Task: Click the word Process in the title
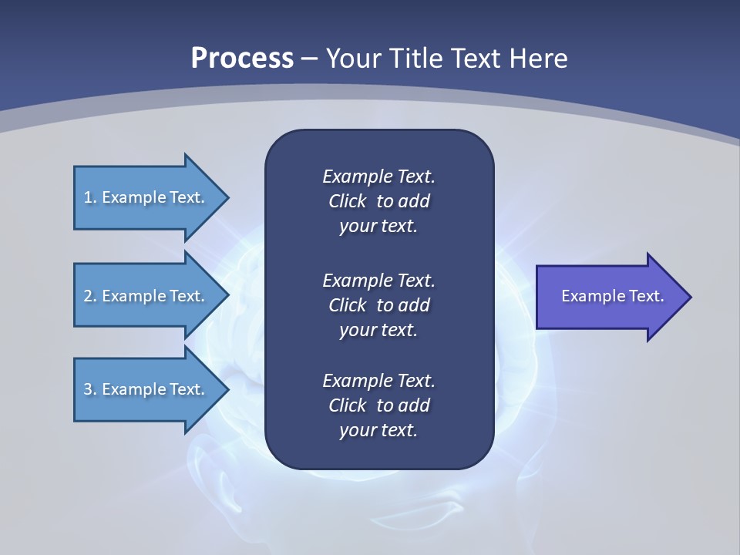(242, 58)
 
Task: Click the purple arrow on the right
(609, 297)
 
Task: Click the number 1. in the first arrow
(89, 197)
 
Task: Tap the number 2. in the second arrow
(89, 296)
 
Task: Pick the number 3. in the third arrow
(89, 389)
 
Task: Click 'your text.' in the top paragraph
(378, 227)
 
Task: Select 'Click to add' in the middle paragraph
(378, 305)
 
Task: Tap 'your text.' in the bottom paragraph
(378, 431)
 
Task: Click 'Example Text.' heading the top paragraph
(378, 177)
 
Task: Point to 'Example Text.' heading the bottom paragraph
(378, 381)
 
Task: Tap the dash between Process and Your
(310, 59)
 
